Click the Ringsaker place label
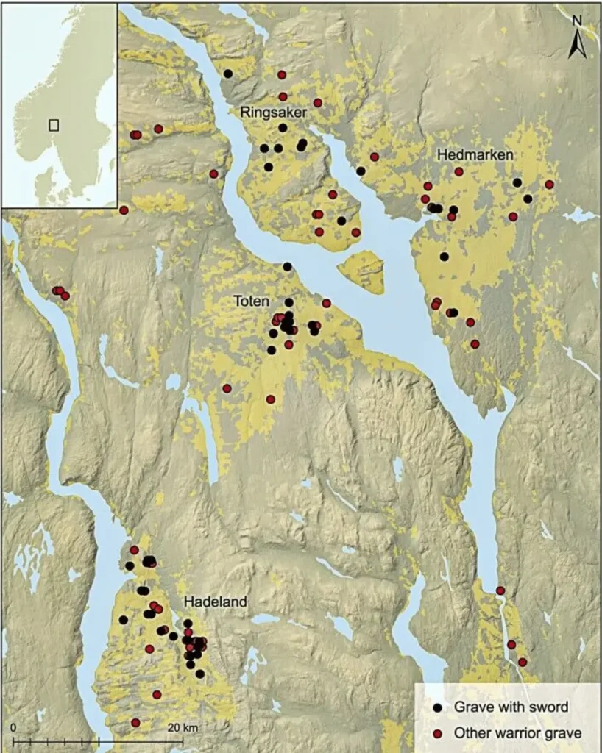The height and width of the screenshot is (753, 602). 272,112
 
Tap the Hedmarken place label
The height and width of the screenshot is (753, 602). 470,155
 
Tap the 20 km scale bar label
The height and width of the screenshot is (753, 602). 182,727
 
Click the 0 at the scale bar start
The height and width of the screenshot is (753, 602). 14,727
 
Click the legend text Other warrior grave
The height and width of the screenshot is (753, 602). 507,732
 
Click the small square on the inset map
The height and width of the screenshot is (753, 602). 54,124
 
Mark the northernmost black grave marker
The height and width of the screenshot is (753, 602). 228,74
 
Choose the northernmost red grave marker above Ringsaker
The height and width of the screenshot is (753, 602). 282,75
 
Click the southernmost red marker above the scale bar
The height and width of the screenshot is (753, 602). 135,722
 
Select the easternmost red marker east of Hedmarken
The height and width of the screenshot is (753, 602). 549,184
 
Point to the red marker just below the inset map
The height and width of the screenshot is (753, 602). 124,210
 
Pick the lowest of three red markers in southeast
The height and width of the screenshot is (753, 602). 523,662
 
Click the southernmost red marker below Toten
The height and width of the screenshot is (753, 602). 271,399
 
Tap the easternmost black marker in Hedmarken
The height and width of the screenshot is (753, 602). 528,199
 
